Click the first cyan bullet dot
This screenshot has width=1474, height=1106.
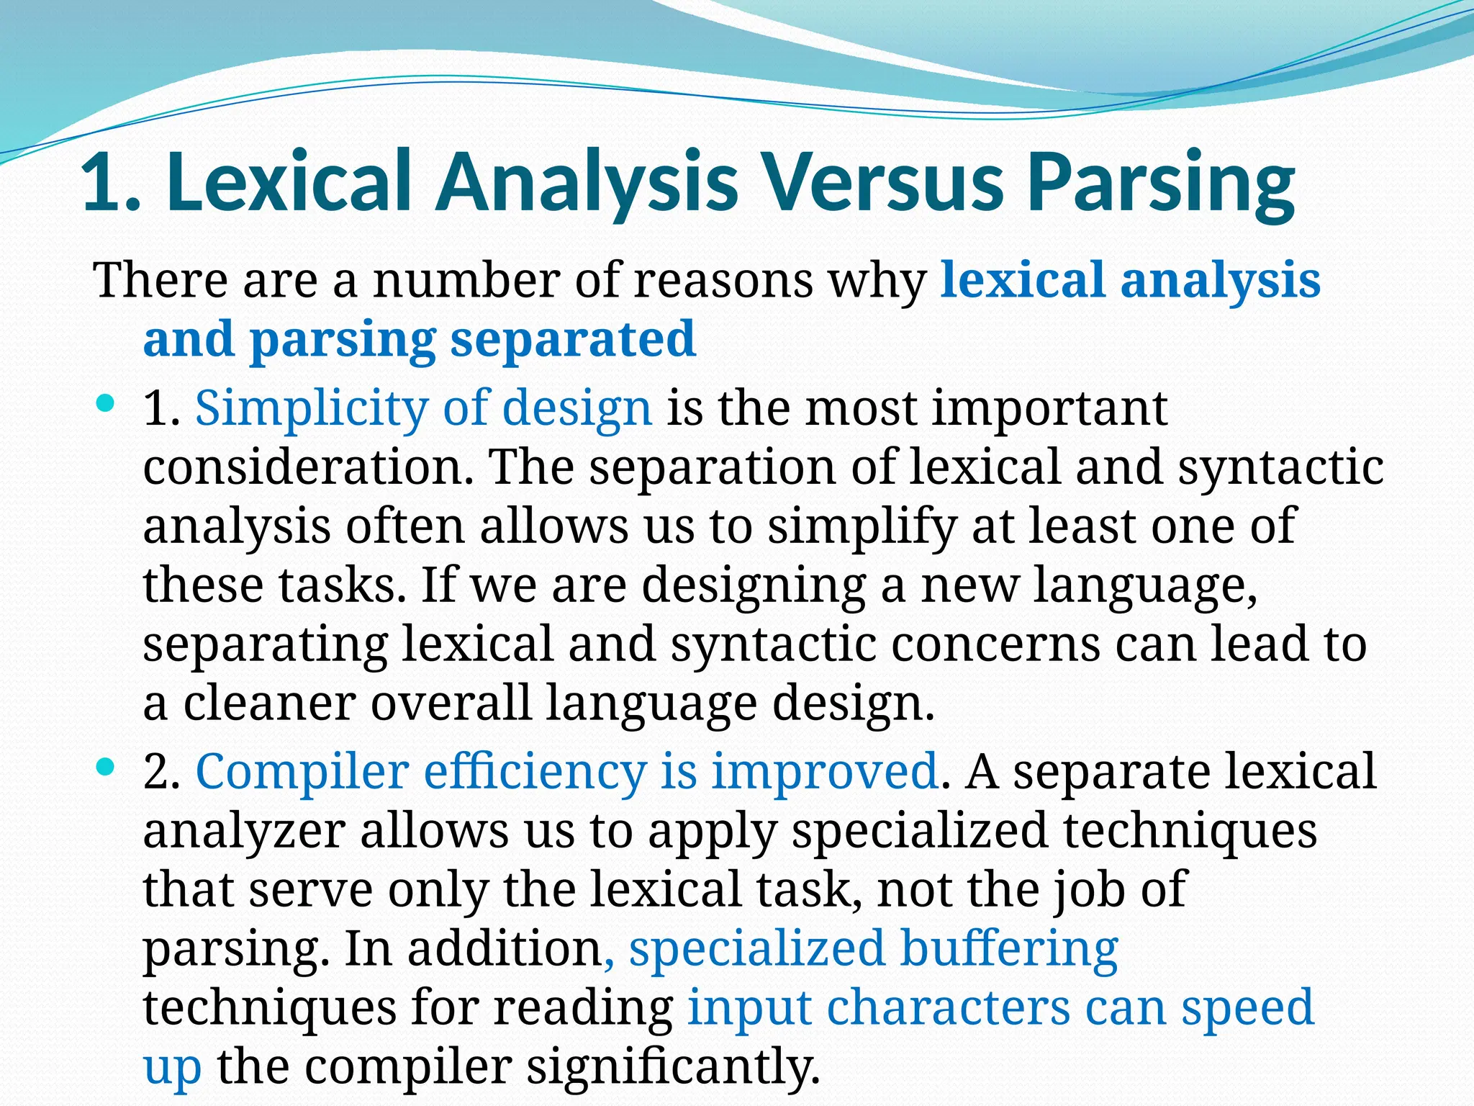pyautogui.click(x=105, y=405)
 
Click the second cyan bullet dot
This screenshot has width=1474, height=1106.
pyautogui.click(x=105, y=768)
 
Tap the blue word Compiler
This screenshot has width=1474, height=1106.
pyautogui.click(x=302, y=772)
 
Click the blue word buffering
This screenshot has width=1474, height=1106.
pyautogui.click(x=1009, y=949)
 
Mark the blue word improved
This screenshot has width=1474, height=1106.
pyautogui.click(x=825, y=772)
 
